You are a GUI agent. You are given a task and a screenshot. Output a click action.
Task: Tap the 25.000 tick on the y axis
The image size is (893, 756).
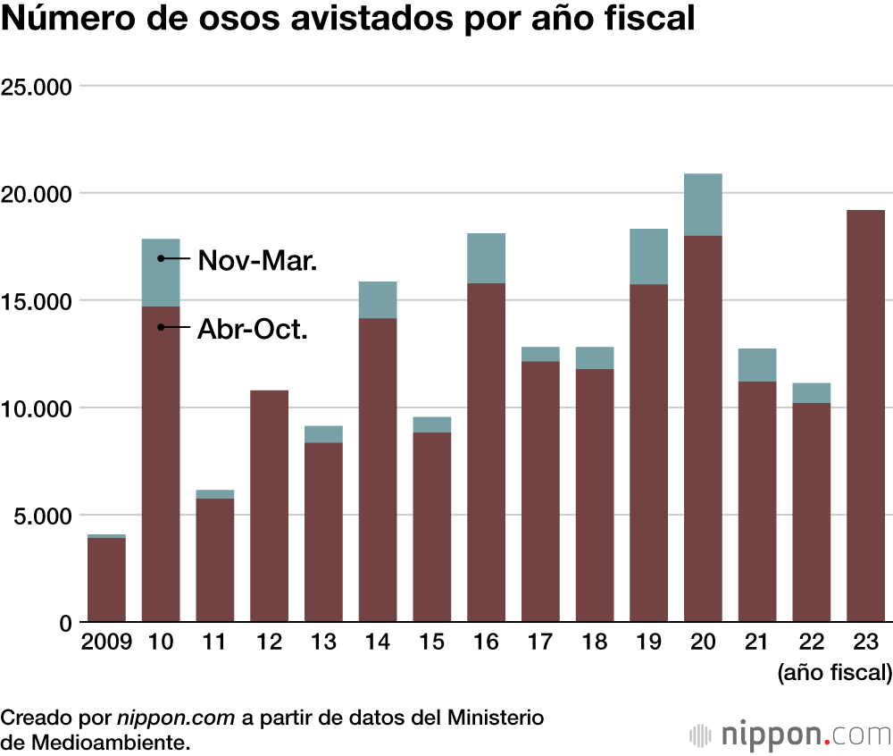click(x=37, y=87)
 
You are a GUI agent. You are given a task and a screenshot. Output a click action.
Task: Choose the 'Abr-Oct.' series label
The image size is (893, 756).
click(x=253, y=330)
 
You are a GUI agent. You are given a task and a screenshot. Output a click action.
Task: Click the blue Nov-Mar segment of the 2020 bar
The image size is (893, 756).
click(x=703, y=205)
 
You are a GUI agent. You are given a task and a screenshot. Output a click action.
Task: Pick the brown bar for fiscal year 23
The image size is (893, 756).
click(x=865, y=416)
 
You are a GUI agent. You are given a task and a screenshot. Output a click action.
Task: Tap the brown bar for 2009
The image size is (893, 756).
click(x=106, y=579)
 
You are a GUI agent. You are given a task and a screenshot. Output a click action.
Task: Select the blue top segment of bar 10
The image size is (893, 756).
click(x=161, y=273)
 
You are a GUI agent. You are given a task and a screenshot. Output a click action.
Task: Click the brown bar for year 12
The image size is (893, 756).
click(x=269, y=506)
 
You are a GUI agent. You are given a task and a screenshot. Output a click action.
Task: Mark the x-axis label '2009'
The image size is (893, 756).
click(x=106, y=643)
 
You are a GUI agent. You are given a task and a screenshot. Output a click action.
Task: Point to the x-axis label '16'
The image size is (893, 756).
click(x=486, y=643)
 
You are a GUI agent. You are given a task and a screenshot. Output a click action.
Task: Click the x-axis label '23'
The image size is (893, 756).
click(x=865, y=643)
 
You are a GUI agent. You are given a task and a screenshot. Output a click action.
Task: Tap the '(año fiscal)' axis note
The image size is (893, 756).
click(x=834, y=671)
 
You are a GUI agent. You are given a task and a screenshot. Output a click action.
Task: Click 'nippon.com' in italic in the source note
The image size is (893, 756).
click(x=175, y=718)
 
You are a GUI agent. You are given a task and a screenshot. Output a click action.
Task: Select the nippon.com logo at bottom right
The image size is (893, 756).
click(x=791, y=735)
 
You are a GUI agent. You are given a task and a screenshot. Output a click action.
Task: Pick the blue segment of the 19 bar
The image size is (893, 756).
click(x=648, y=256)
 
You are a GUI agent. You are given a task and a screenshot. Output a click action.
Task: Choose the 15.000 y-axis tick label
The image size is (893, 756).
click(x=37, y=301)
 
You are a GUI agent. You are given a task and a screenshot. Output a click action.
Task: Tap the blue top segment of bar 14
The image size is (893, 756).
click(x=378, y=299)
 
